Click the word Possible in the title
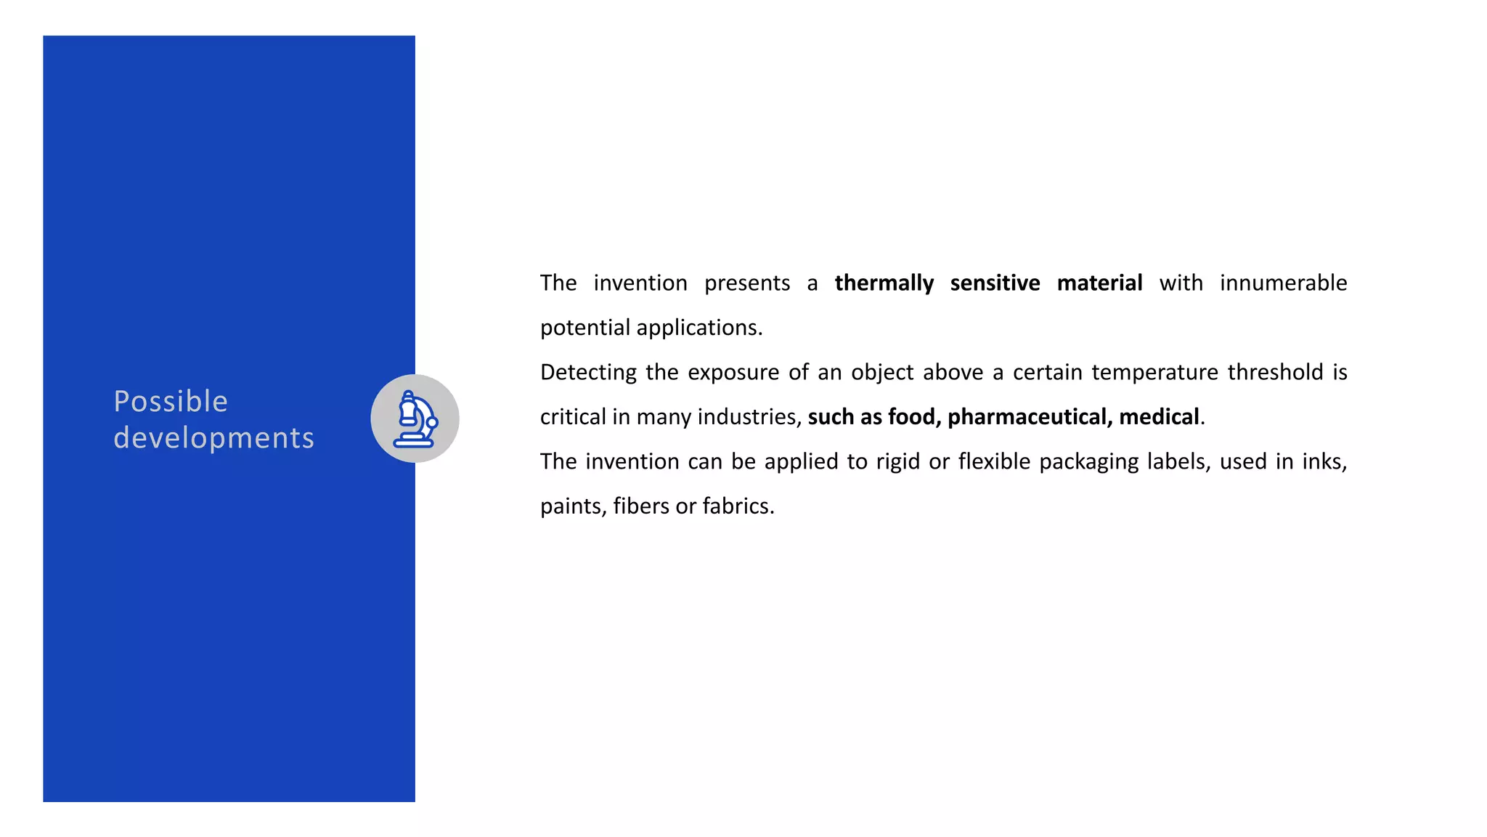point(171,402)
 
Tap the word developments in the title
point(213,438)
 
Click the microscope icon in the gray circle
point(415,419)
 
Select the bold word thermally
point(884,283)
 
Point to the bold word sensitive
point(995,283)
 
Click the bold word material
point(1099,283)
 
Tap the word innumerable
point(1283,283)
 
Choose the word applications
point(699,328)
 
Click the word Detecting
point(588,373)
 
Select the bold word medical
point(1160,417)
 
